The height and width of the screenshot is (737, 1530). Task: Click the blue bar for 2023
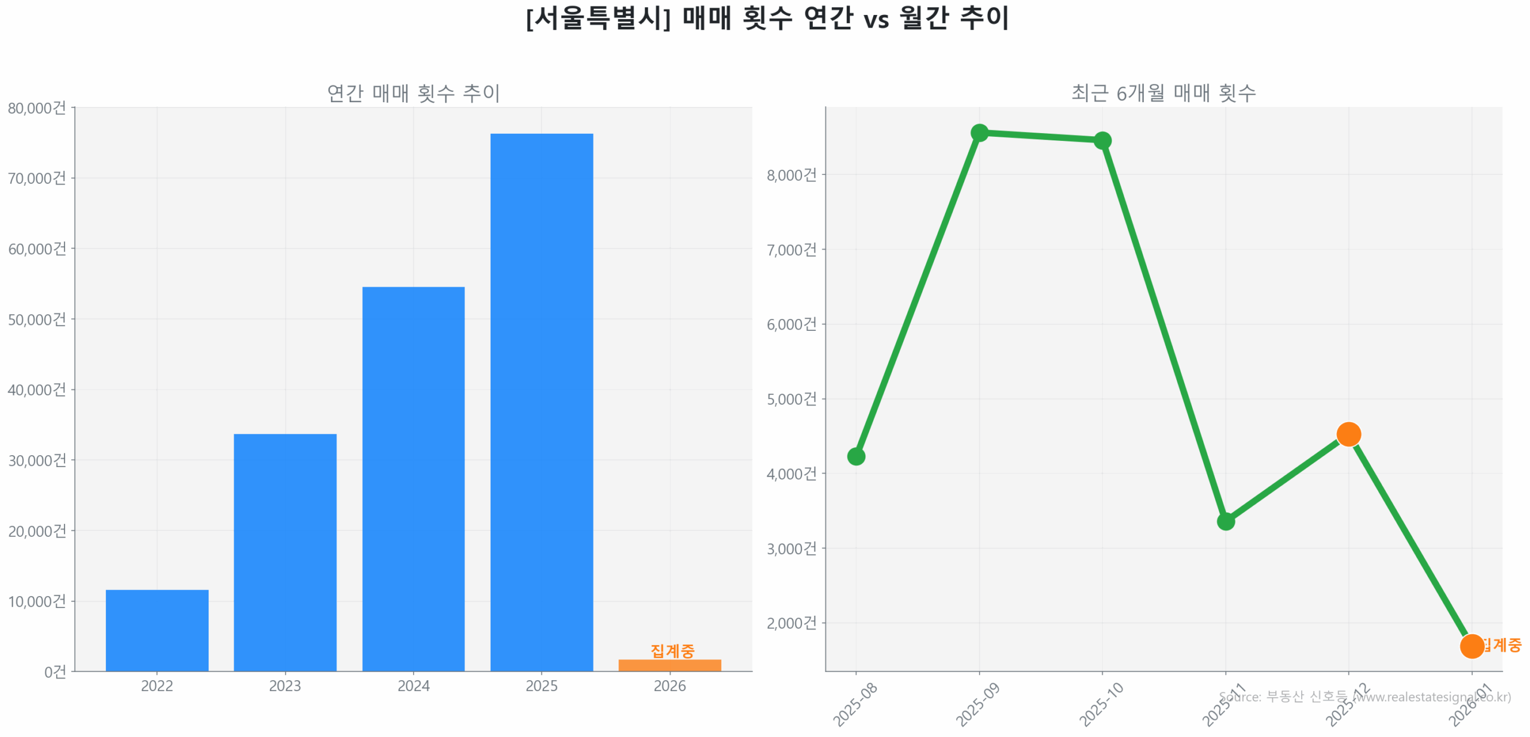pyautogui.click(x=284, y=552)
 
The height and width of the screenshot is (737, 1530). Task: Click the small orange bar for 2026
pyautogui.click(x=669, y=665)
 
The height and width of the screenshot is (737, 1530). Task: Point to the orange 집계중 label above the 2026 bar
pyautogui.click(x=672, y=650)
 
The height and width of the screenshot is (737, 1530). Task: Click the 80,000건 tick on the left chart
pyautogui.click(x=37, y=108)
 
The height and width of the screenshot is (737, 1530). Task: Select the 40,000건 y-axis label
pyautogui.click(x=37, y=390)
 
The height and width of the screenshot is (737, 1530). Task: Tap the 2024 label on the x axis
pyautogui.click(x=413, y=686)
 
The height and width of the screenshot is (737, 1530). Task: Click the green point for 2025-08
pyautogui.click(x=856, y=456)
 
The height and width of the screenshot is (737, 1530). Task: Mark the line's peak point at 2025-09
pyautogui.click(x=979, y=133)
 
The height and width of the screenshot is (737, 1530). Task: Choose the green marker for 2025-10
pyautogui.click(x=1102, y=140)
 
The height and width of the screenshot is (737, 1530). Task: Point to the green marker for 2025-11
pyautogui.click(x=1225, y=521)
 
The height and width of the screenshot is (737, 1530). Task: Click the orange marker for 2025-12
pyautogui.click(x=1348, y=434)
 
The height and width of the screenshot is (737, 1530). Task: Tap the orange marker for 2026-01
pyautogui.click(x=1471, y=646)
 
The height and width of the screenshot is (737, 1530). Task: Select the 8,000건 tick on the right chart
pyautogui.click(x=791, y=175)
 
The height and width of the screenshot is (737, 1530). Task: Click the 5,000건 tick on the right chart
pyautogui.click(x=791, y=399)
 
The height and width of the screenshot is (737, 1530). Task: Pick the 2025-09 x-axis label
pyautogui.click(x=977, y=705)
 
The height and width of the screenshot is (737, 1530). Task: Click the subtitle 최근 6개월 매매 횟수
pyautogui.click(x=1163, y=93)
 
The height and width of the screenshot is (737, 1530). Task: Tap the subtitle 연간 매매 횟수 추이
pyautogui.click(x=413, y=93)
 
